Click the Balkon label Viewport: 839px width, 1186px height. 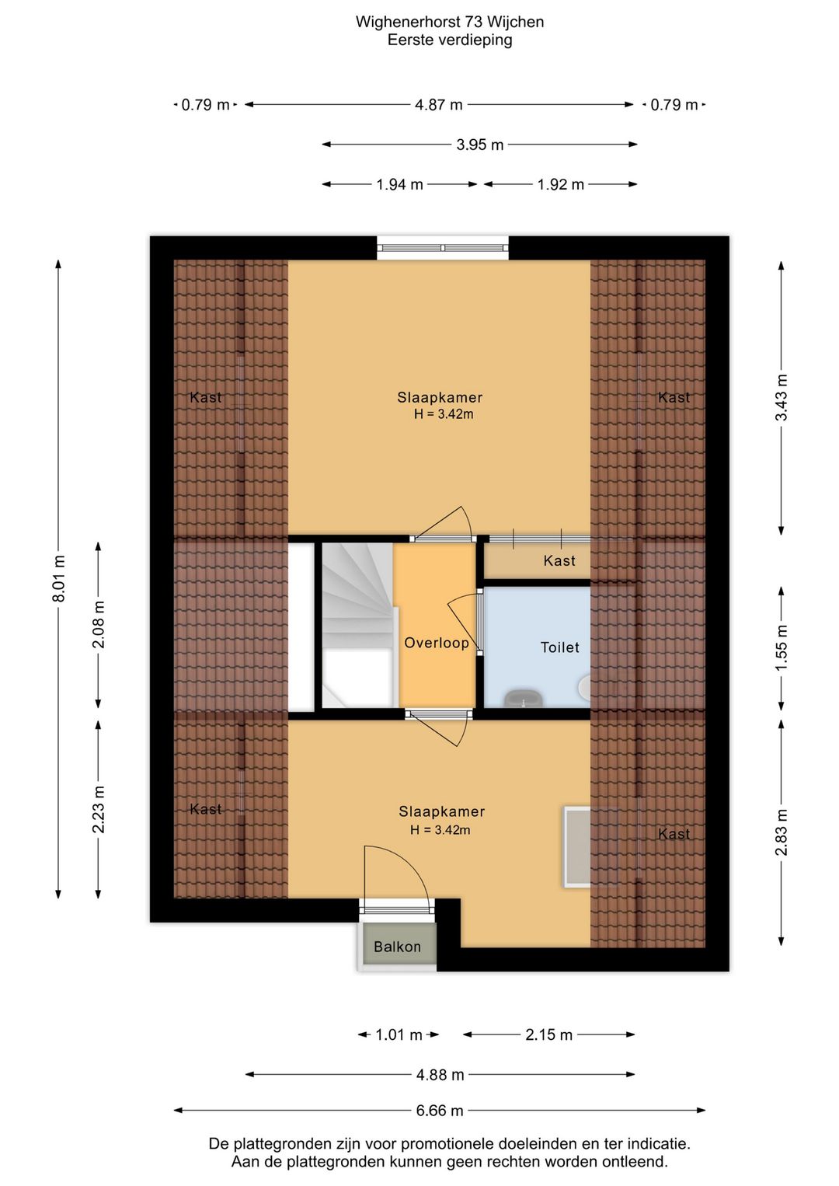(x=397, y=947)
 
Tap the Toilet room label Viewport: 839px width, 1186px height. (x=559, y=647)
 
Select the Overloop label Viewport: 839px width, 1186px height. (x=437, y=643)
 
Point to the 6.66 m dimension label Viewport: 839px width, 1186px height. (x=440, y=1111)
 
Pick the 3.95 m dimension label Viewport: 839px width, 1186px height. (x=479, y=145)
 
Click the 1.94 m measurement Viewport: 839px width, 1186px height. (x=399, y=184)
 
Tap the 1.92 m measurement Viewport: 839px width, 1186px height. (x=561, y=184)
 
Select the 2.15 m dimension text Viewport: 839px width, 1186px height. (x=549, y=1034)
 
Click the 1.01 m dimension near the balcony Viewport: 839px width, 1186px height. (x=399, y=1034)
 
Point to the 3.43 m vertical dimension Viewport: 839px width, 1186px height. (x=782, y=397)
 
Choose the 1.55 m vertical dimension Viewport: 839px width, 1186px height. (x=782, y=647)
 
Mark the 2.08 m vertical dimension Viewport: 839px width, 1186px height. (x=99, y=624)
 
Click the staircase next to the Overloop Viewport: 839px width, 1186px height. (x=359, y=625)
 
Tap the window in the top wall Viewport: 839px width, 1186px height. (x=443, y=248)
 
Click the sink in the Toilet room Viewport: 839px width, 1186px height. (x=524, y=699)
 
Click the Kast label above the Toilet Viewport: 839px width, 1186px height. (x=559, y=560)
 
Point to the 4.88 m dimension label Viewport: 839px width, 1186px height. (x=440, y=1074)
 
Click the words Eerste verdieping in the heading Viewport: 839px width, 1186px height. (x=450, y=40)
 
